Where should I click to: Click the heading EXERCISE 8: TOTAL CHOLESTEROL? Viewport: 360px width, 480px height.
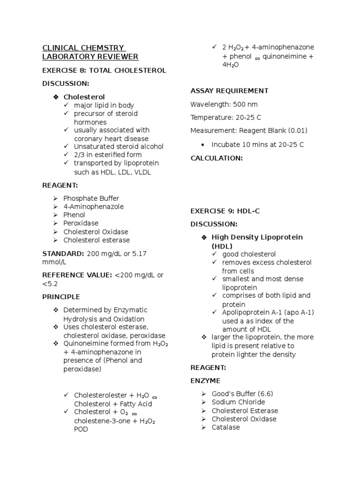[104, 70]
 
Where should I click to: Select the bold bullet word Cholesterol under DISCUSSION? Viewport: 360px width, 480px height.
[84, 97]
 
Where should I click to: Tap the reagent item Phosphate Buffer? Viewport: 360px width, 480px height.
[91, 198]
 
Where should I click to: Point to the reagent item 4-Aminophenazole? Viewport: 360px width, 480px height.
[94, 207]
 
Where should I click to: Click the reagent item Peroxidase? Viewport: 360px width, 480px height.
[81, 224]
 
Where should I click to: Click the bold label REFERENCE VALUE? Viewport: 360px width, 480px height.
[77, 275]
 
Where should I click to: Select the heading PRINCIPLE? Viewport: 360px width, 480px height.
[61, 297]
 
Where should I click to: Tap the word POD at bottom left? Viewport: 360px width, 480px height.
[81, 429]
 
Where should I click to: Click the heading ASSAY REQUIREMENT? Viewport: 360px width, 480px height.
[229, 91]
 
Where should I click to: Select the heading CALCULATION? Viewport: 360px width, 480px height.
[217, 158]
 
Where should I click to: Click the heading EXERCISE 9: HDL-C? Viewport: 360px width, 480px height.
[225, 211]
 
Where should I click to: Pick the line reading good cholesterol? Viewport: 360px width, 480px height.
[249, 254]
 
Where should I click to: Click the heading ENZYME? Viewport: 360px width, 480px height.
[205, 381]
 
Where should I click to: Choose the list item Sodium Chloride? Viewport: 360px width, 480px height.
[238, 402]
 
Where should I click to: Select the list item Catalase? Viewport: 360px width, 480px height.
[225, 427]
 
